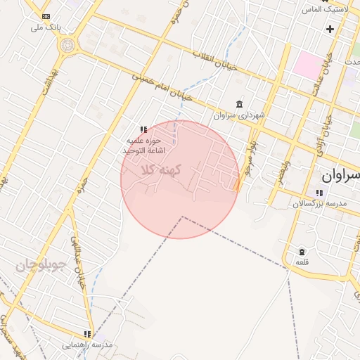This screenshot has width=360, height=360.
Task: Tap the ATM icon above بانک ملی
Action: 46,15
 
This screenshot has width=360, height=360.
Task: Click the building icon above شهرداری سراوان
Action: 239,104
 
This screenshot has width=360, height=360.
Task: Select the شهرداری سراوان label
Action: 239,115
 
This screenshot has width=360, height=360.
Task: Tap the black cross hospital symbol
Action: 330,29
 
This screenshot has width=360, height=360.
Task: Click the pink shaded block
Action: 307,64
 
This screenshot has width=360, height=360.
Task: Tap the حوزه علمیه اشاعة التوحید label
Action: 143,146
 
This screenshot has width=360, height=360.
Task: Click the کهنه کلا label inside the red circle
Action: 162,170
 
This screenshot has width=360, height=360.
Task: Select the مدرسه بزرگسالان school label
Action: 321,203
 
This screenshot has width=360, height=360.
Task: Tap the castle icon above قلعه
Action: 302,252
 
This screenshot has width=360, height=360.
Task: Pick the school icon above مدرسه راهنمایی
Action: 87,334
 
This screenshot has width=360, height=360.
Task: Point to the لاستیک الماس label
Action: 321,9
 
